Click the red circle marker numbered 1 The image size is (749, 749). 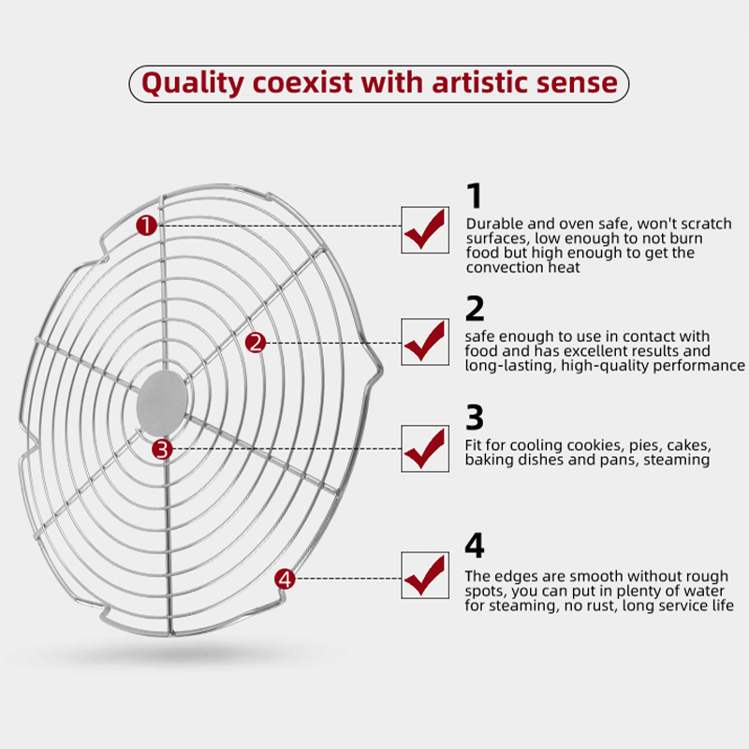click(147, 225)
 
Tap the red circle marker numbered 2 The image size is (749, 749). click(256, 343)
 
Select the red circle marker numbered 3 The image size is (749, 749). click(162, 449)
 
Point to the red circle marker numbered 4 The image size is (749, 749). click(286, 580)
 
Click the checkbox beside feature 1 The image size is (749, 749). click(425, 230)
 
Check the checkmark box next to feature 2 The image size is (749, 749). click(425, 342)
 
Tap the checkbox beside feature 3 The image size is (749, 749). click(425, 448)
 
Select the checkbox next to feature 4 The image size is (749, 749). click(425, 575)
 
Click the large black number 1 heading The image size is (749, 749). click(475, 196)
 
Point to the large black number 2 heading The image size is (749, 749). click(475, 308)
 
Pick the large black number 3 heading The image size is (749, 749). click(475, 417)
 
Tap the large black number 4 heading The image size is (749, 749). click(475, 545)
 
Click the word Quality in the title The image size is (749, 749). click(193, 83)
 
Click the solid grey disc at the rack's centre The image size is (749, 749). click(161, 404)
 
